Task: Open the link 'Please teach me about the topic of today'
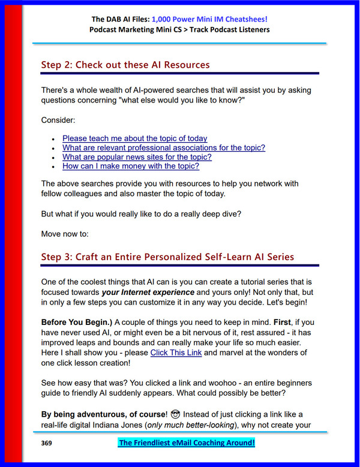tap(134, 138)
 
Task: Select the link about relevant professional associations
tap(163, 147)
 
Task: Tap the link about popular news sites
tap(137, 157)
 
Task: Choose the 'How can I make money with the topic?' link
tap(131, 166)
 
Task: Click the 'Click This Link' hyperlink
tap(176, 352)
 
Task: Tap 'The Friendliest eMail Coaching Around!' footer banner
tap(187, 443)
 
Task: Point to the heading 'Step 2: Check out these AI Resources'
tap(125, 64)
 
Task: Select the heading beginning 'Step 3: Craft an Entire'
tap(167, 257)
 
